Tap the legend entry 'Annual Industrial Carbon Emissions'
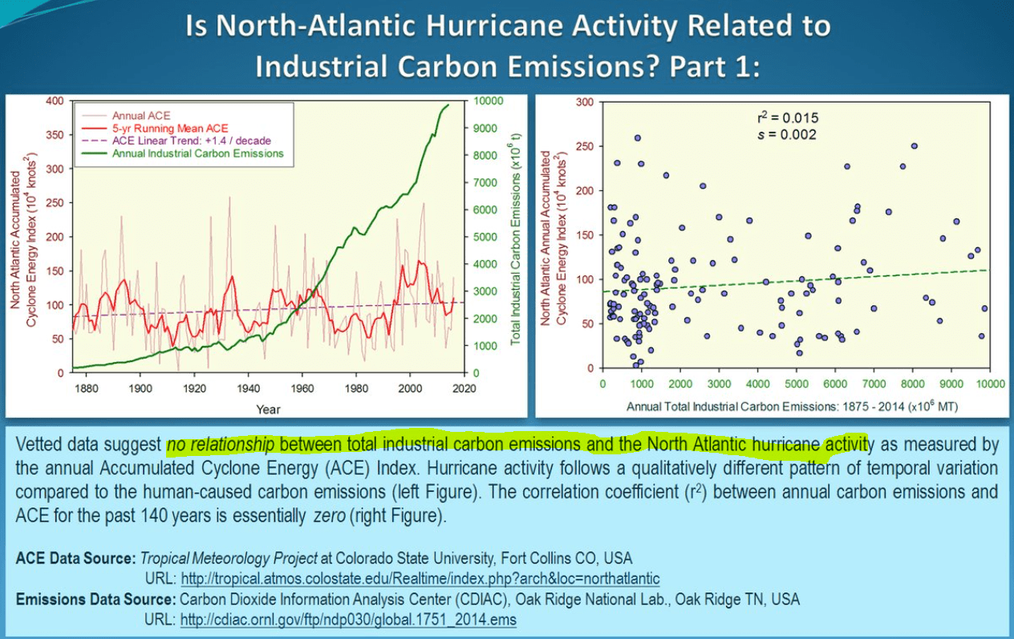197,153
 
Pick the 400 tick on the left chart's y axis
55,101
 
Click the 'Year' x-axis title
268,409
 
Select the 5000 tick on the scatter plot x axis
797,385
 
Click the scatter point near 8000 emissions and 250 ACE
914,146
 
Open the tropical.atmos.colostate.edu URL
420,578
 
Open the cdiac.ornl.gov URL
348,620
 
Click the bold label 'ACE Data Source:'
75,558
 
